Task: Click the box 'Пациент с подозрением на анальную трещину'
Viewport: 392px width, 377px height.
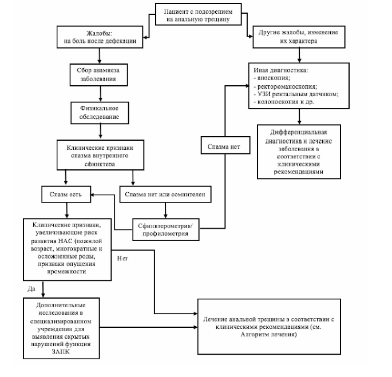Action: pyautogui.click(x=198, y=14)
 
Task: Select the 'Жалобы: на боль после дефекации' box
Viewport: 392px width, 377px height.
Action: pyautogui.click(x=100, y=37)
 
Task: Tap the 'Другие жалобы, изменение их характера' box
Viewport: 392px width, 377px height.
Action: pyautogui.click(x=299, y=37)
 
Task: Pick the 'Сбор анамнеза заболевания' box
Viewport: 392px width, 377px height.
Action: pyautogui.click(x=99, y=75)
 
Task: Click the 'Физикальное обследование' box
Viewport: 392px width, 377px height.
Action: pyautogui.click(x=100, y=113)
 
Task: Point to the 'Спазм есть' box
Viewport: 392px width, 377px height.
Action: pyautogui.click(x=66, y=195)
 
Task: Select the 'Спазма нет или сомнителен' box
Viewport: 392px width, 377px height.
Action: pyautogui.click(x=165, y=195)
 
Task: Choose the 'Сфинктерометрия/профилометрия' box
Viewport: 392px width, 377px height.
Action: pyautogui.click(x=166, y=229)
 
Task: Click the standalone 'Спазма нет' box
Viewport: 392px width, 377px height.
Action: pyautogui.click(x=225, y=145)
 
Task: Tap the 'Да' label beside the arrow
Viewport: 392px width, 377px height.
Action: pyautogui.click(x=31, y=289)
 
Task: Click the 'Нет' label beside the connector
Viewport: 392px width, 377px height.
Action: pyautogui.click(x=122, y=259)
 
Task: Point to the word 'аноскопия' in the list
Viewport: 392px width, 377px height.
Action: pyautogui.click(x=273, y=78)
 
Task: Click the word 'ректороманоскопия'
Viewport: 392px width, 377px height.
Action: pyautogui.click(x=287, y=86)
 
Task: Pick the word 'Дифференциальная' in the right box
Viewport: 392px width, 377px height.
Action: pyautogui.click(x=299, y=132)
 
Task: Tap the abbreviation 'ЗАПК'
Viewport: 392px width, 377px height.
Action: pyautogui.click(x=61, y=352)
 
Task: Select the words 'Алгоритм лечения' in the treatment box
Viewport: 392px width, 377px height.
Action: pyautogui.click(x=268, y=335)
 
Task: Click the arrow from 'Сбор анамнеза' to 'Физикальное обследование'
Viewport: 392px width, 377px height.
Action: pyautogui.click(x=101, y=94)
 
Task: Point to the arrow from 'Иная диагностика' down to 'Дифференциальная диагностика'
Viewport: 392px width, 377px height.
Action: pyautogui.click(x=299, y=117)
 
